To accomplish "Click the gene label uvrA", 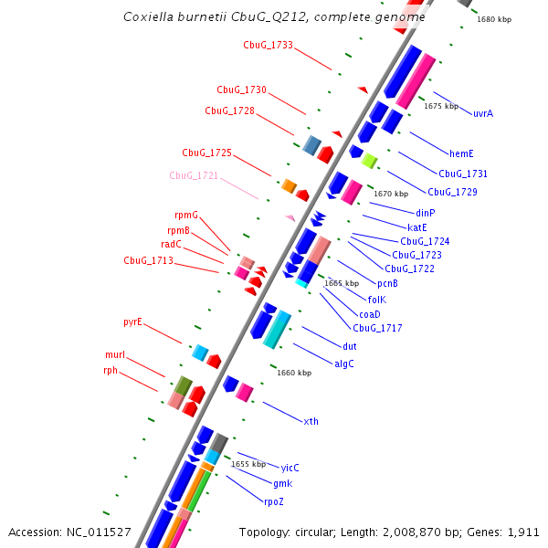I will pyautogui.click(x=483, y=114).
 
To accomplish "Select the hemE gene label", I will pyautogui.click(x=461, y=153).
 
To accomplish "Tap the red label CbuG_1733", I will pyautogui.click(x=268, y=45).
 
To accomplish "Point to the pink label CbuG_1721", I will pyautogui.click(x=194, y=175).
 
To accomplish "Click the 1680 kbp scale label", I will pyautogui.click(x=494, y=19).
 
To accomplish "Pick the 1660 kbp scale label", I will pyautogui.click(x=294, y=373).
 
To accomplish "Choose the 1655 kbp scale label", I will pyautogui.click(x=248, y=464).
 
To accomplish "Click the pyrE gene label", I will pyautogui.click(x=133, y=322).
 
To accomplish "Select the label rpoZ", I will pyautogui.click(x=274, y=502).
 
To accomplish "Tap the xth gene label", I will pyautogui.click(x=311, y=421).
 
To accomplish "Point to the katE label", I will pyautogui.click(x=418, y=227).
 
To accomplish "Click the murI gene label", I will pyautogui.click(x=115, y=354).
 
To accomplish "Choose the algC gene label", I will pyautogui.click(x=344, y=364).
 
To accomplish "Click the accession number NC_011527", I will pyautogui.click(x=100, y=532).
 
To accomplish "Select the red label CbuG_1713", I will pyautogui.click(x=148, y=260).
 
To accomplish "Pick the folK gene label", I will pyautogui.click(x=377, y=300).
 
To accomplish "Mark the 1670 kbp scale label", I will pyautogui.click(x=391, y=194).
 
